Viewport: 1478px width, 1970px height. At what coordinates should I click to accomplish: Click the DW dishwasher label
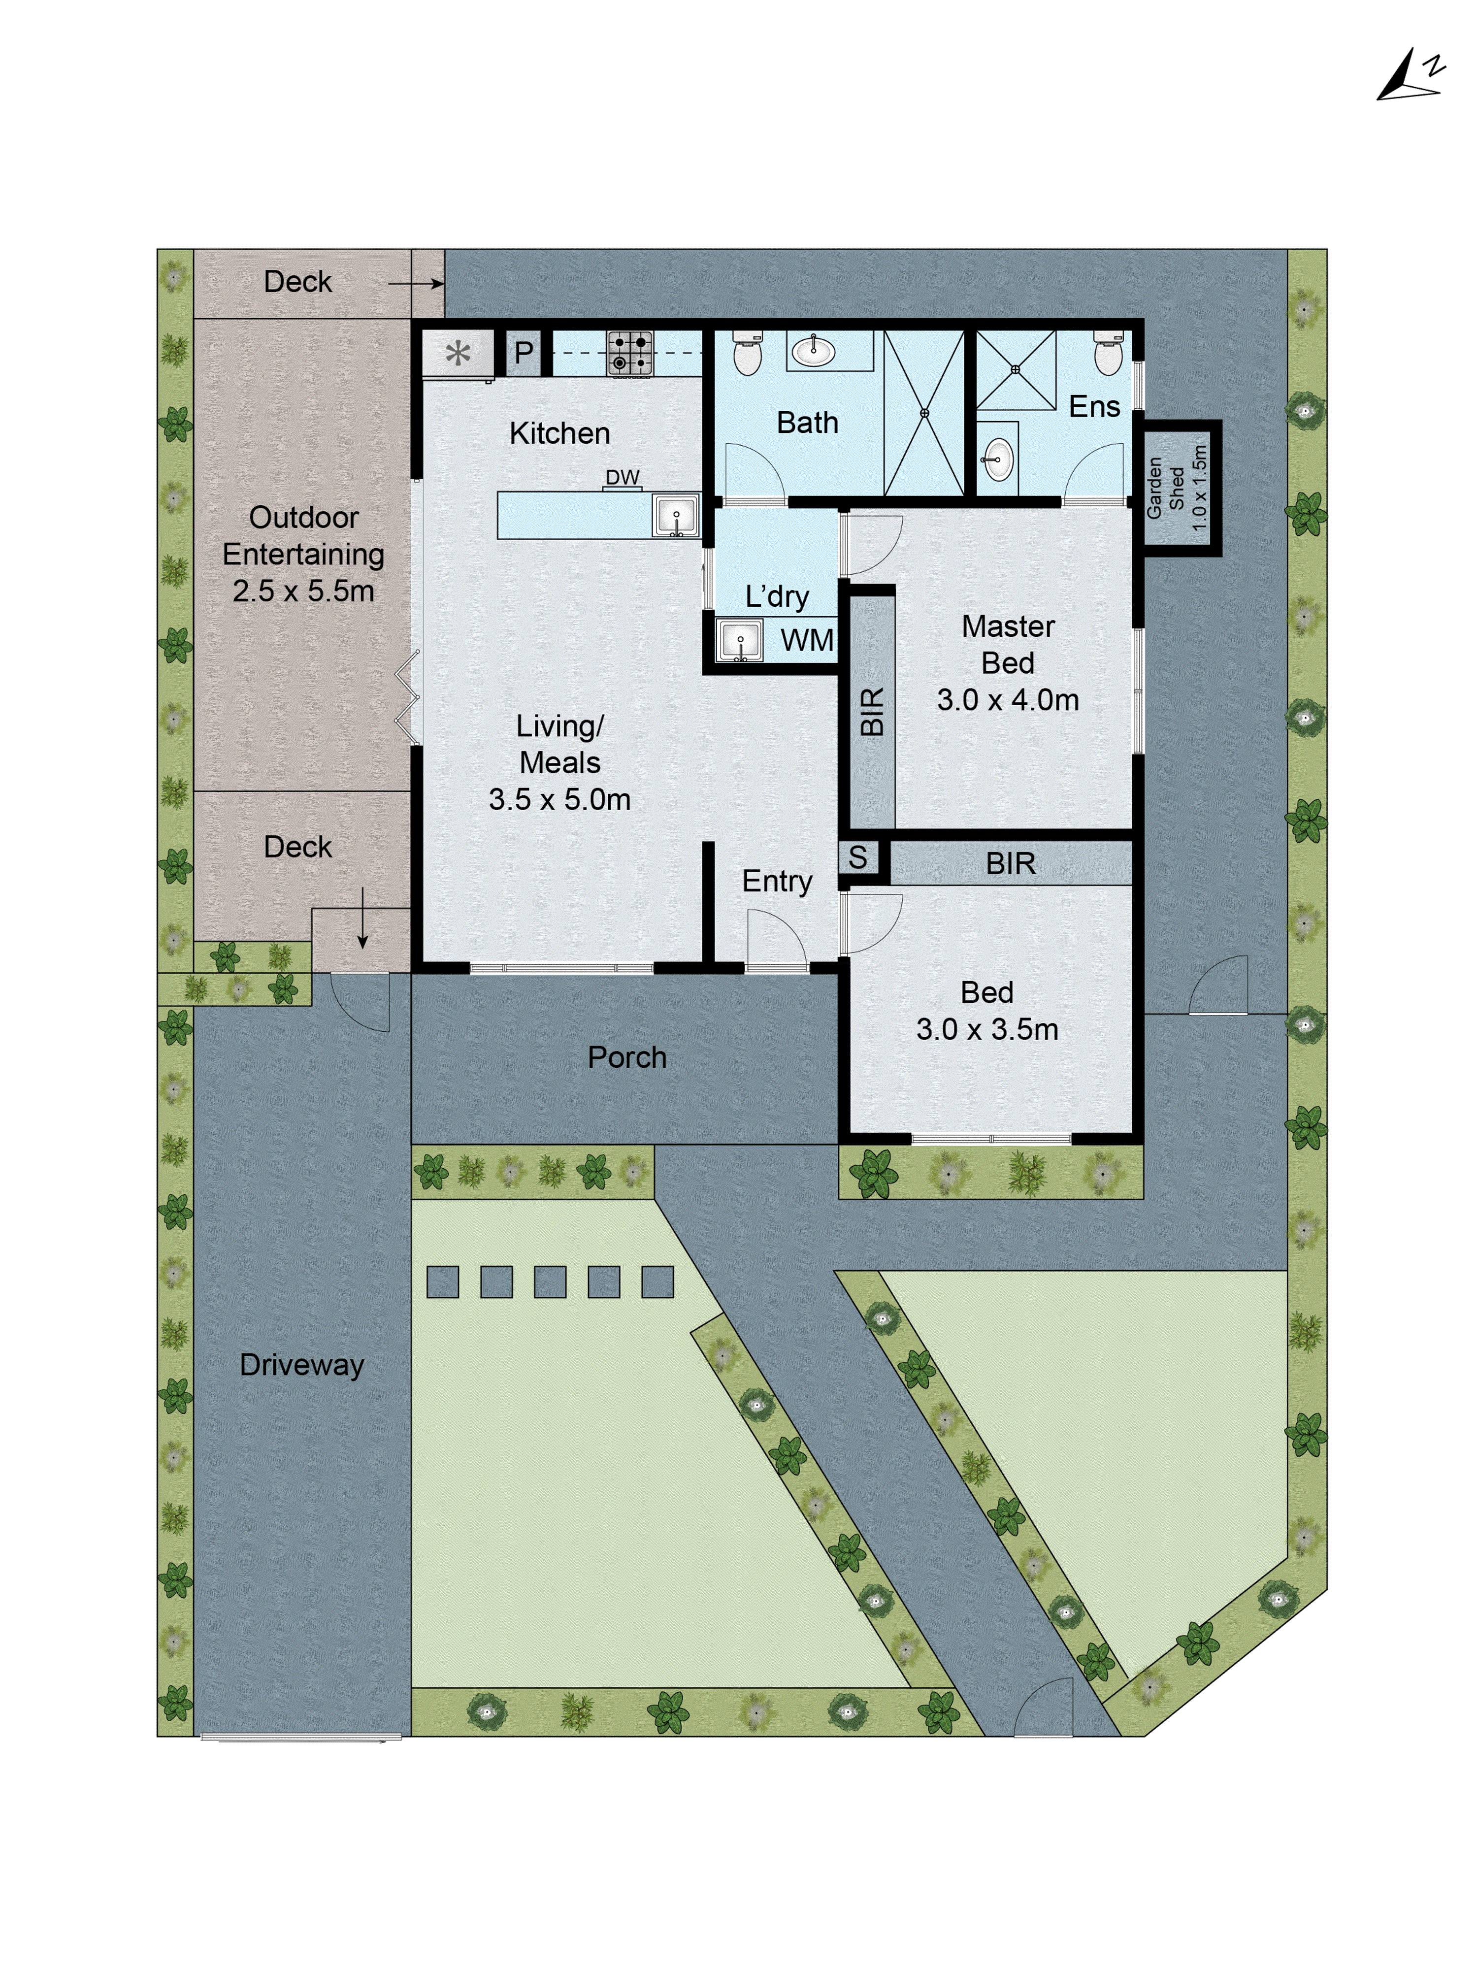[x=623, y=477]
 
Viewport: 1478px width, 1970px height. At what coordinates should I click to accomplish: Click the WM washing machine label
[x=807, y=640]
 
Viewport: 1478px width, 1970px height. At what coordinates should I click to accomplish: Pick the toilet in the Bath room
[x=746, y=354]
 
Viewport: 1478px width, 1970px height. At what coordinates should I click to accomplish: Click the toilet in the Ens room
[x=1109, y=354]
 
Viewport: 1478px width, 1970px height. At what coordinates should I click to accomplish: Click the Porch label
[x=627, y=1057]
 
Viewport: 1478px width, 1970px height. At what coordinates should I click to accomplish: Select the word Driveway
[x=302, y=1364]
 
